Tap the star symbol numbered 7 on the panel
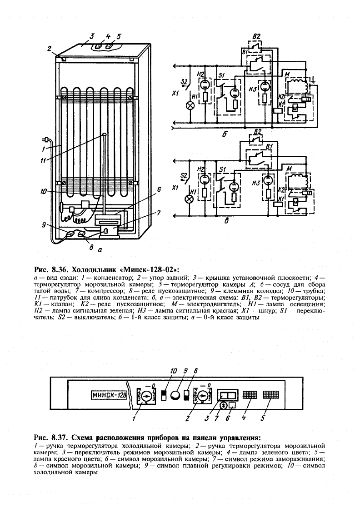(x=223, y=405)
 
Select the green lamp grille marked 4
(x=250, y=395)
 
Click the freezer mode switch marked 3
(x=227, y=395)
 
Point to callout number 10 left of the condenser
(x=42, y=191)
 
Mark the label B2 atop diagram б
(x=256, y=36)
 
